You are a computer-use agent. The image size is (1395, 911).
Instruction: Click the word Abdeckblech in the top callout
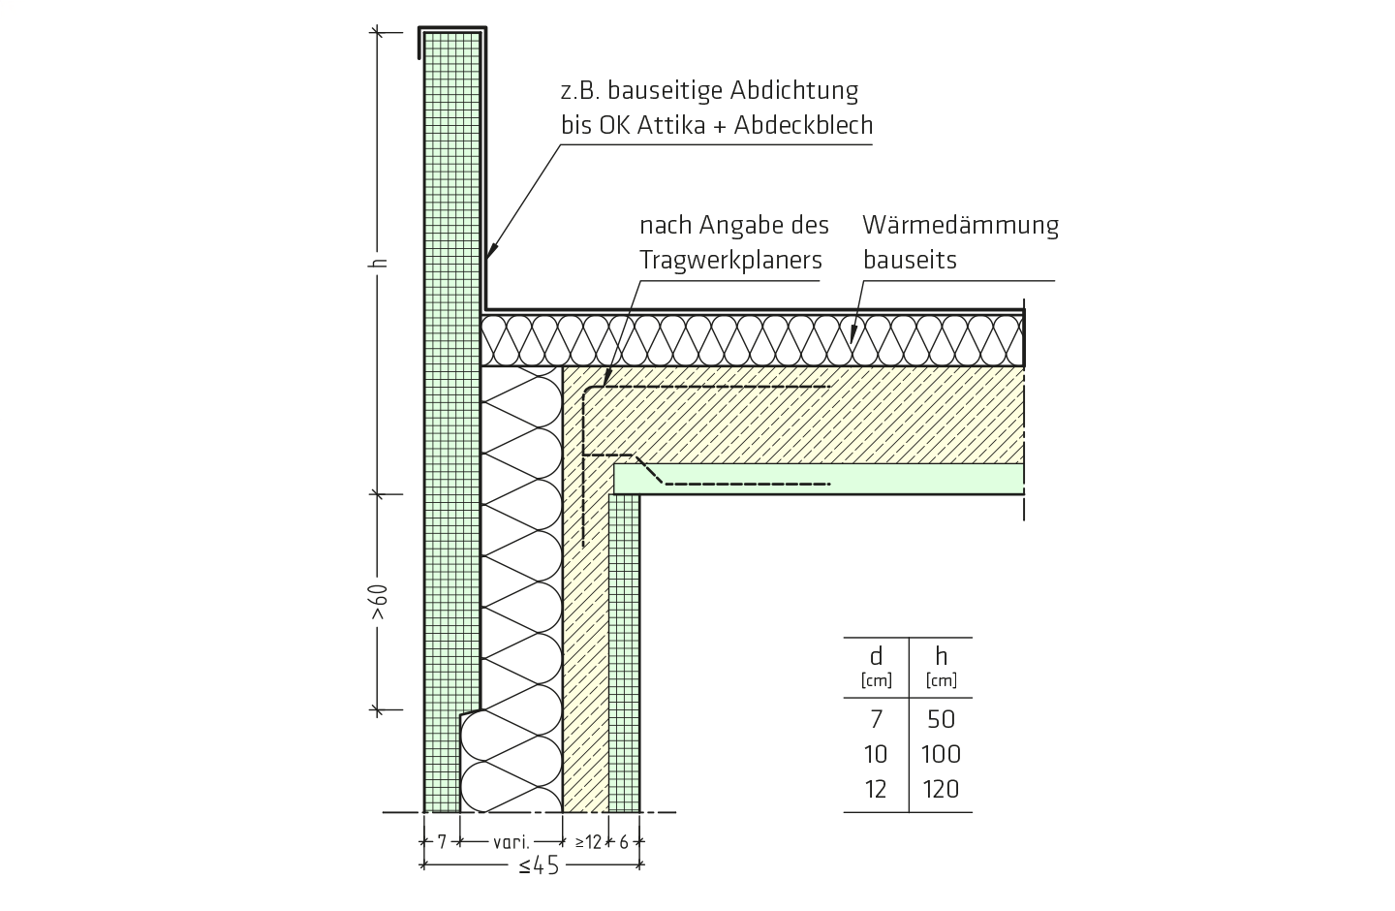coord(803,125)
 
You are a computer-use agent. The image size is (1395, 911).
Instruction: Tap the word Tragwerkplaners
coord(730,261)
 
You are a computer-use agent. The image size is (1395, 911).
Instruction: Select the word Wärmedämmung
coord(960,225)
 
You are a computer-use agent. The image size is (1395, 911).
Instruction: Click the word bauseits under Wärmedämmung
coord(910,260)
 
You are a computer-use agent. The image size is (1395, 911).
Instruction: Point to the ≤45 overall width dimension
coord(539,865)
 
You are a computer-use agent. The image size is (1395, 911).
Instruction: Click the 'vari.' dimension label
coord(511,842)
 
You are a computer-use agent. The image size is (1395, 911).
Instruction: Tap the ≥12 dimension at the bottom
coord(588,842)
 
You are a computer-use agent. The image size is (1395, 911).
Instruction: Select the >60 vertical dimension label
coord(380,603)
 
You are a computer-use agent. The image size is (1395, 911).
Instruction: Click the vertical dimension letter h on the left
coord(381,263)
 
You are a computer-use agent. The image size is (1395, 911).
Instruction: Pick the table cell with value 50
coord(941,720)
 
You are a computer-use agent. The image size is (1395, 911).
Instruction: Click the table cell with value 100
coord(941,755)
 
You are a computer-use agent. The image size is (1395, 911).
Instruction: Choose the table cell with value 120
coord(941,790)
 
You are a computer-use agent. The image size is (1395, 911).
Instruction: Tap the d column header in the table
coord(876,656)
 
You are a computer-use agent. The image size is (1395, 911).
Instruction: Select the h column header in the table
coord(941,656)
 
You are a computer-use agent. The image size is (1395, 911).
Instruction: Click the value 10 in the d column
coord(876,755)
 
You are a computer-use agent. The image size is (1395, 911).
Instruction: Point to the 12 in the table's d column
coord(876,790)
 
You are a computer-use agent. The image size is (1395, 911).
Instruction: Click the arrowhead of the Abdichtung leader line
coord(491,251)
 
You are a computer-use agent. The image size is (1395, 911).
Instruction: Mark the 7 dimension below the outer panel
coord(442,842)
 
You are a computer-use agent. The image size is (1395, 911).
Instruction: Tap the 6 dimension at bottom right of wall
coord(624,842)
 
